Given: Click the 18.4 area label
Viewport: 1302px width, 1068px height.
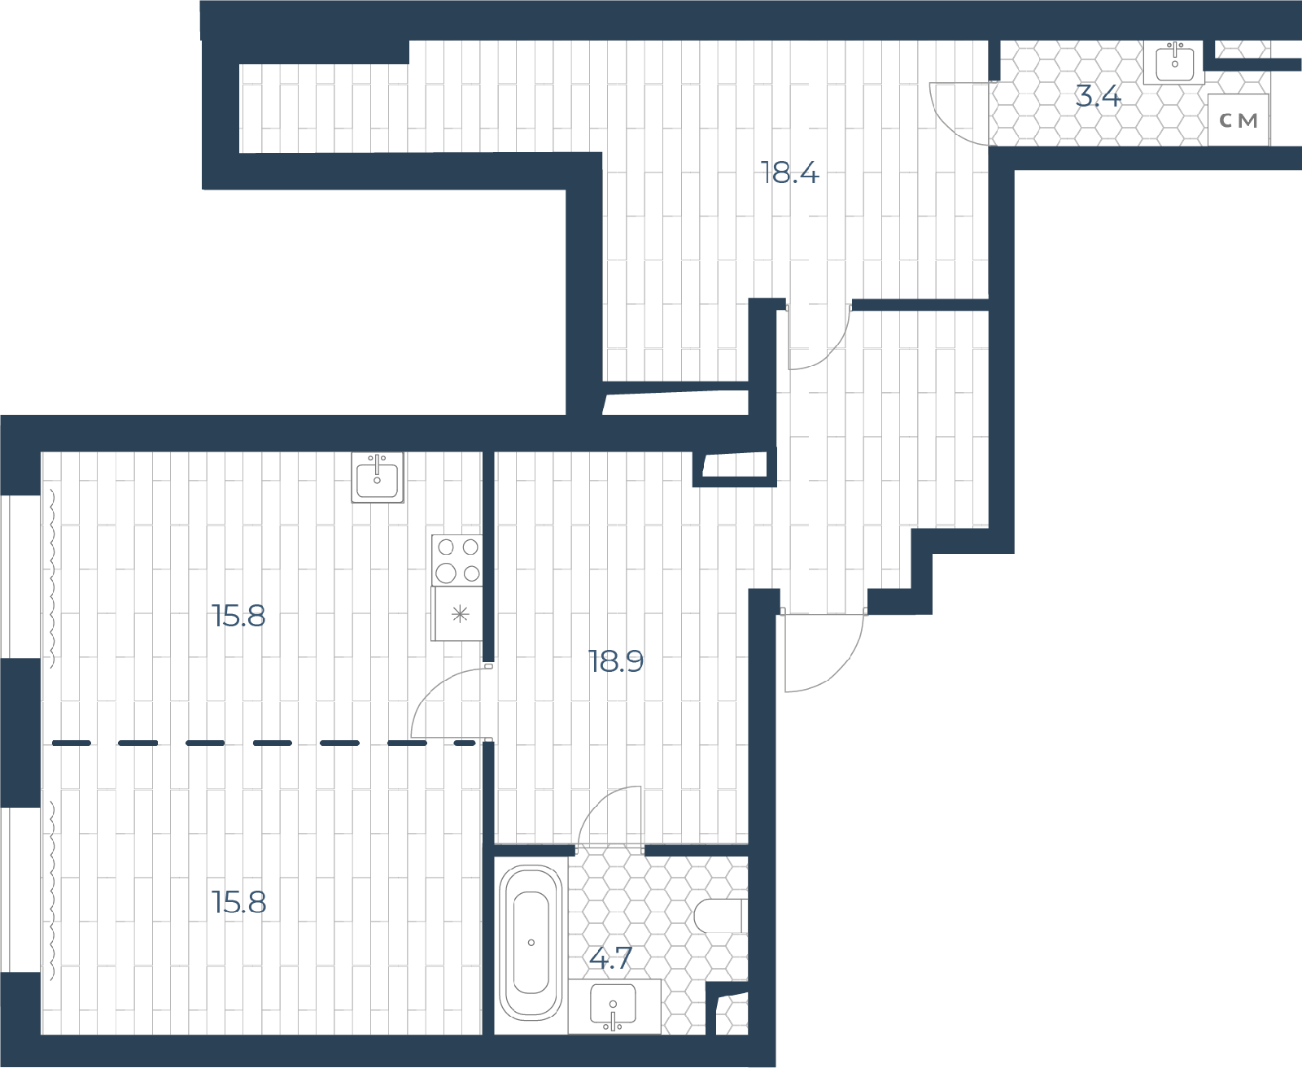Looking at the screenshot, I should click(x=788, y=172).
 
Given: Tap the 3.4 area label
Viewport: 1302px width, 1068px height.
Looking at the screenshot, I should click(x=1099, y=98).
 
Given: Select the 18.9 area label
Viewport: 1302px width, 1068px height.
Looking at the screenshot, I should click(x=616, y=662).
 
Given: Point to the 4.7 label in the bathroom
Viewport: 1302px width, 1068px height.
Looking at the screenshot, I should click(x=609, y=959).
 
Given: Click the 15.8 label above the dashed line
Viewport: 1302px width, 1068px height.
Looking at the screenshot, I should click(x=238, y=616).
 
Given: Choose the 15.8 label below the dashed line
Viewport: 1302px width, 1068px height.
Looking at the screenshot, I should click(x=238, y=903).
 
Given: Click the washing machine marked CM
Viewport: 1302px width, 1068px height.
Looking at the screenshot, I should click(x=1238, y=120).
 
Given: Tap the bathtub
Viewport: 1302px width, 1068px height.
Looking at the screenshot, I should click(x=531, y=942).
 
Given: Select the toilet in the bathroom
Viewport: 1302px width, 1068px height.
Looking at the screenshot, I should click(x=722, y=916).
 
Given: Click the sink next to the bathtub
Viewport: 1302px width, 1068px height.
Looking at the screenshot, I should click(x=614, y=1006).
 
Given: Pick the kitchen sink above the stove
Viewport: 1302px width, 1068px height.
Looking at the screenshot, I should click(x=378, y=477).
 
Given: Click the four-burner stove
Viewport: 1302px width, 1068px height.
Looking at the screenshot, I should click(x=457, y=560).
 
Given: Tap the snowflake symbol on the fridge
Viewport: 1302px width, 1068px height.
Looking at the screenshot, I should click(x=460, y=614).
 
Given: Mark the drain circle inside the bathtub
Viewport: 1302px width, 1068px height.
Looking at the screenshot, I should click(x=531, y=943).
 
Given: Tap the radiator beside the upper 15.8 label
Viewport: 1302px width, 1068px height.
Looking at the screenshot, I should click(x=52, y=578).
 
